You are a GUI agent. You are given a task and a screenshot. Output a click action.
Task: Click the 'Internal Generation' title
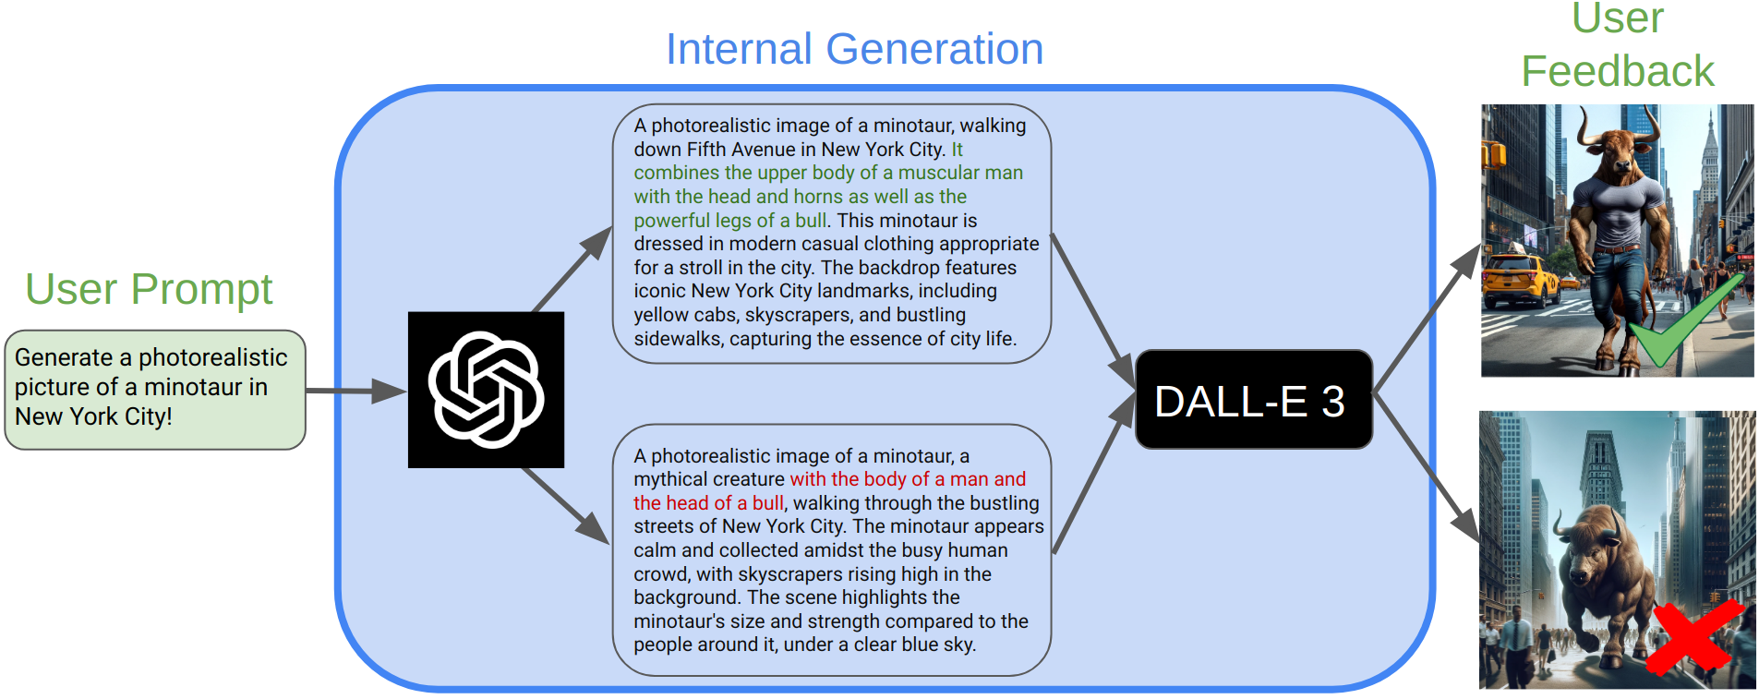click(854, 49)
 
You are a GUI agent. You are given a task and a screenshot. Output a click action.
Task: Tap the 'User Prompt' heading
click(149, 289)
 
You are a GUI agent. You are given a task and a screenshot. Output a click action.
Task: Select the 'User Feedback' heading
click(1618, 46)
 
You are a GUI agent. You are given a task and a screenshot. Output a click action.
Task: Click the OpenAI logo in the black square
click(486, 390)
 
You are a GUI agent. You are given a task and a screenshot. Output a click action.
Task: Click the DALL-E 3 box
click(1253, 400)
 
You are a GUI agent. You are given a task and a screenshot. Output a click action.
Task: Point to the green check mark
click(1686, 319)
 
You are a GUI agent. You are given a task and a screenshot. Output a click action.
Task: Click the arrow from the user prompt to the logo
click(355, 391)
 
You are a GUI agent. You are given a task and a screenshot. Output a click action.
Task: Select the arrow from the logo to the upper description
click(572, 269)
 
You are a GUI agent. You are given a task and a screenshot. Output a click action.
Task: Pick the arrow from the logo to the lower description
click(565, 505)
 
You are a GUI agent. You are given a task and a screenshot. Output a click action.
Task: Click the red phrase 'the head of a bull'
click(708, 503)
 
